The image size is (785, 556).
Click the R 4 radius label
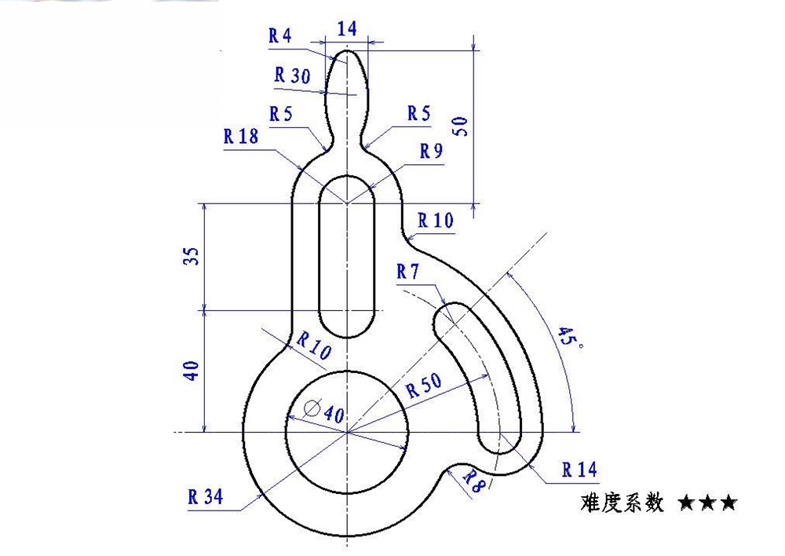(279, 35)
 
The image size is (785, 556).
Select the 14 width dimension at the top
(346, 29)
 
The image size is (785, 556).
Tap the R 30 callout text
(292, 75)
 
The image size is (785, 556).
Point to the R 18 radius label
(240, 136)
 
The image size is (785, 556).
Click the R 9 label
(431, 152)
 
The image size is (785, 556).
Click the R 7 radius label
(408, 273)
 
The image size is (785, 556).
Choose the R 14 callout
(579, 470)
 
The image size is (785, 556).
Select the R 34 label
(205, 496)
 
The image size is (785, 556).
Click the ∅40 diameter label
(324, 411)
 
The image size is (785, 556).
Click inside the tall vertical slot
(346, 259)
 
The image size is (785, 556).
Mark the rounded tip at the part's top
(346, 57)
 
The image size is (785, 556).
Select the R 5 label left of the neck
(280, 114)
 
